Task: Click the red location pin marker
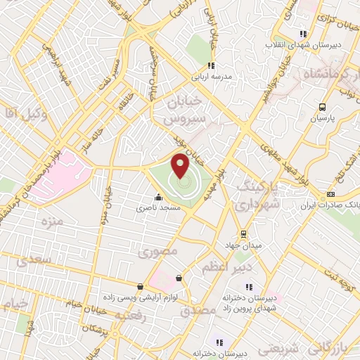coord(181,167)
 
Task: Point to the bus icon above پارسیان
coord(322,107)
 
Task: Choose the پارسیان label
coord(323,119)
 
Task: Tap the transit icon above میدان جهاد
coord(243,234)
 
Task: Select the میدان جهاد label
coord(243,245)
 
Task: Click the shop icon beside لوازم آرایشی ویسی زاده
coord(141,287)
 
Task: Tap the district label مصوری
coord(158,250)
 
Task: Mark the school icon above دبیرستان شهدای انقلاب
coord(303,33)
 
